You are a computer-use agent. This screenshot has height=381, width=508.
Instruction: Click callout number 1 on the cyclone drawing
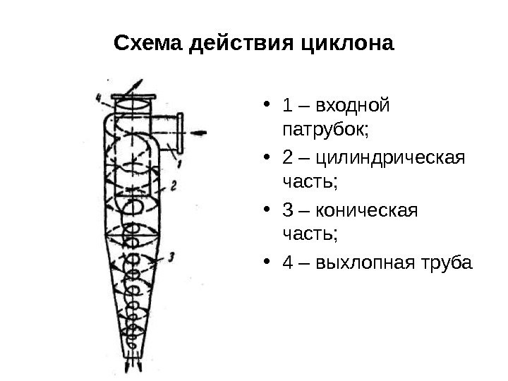click(x=180, y=163)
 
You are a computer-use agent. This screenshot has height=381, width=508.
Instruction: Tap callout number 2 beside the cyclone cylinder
click(x=173, y=186)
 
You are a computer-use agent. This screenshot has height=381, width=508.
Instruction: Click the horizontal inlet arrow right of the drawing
click(x=200, y=131)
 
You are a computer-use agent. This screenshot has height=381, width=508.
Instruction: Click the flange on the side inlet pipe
click(x=180, y=133)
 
